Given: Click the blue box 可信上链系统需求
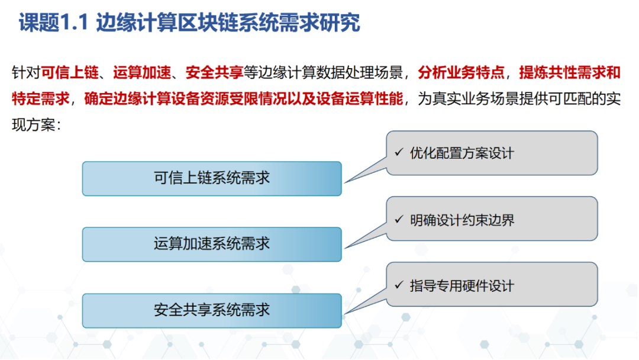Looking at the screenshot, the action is pos(212,179).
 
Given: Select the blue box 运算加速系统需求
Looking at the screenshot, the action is pos(212,244).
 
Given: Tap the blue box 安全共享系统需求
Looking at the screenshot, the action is pos(212,310).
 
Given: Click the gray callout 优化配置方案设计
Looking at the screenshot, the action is pos(492,153).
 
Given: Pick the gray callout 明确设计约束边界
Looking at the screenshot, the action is pos(492,219).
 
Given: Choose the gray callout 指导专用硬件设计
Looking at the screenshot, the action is pos(492,285).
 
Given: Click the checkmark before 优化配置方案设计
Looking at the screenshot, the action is pos(399,153).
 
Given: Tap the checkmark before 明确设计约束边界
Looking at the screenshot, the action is pos(399,219).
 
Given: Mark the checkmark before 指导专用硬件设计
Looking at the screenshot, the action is pos(399,285).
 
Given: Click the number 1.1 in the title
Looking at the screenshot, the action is pos(74,22).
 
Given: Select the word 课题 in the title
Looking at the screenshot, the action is pos(40,22).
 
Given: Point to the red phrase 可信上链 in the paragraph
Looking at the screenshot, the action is pos(70,73).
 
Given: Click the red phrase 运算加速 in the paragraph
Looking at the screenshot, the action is pos(142,73).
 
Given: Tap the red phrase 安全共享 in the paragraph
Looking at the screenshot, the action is pos(214,73).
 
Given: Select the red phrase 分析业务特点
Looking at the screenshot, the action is pos(461,73).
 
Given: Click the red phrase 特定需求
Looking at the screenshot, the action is pos(41,99).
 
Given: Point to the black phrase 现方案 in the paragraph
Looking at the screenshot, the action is pos(33,125).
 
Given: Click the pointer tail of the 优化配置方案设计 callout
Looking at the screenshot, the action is pos(346,182).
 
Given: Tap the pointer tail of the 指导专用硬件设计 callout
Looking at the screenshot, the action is pos(346,314).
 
